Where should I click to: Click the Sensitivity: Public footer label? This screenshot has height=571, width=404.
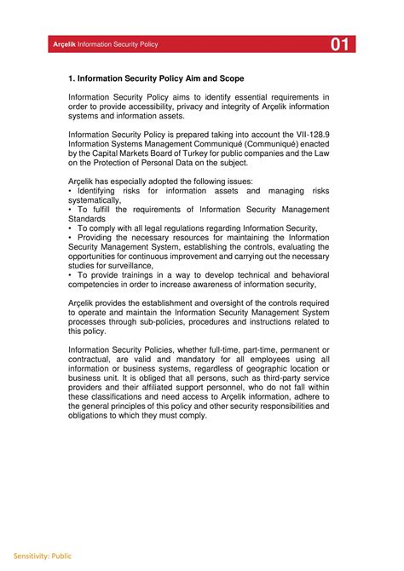[36, 556]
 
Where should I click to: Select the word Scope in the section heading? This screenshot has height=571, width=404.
[227, 78]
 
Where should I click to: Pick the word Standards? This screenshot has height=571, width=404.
[87, 219]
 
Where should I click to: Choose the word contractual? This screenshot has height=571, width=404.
[90, 359]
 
